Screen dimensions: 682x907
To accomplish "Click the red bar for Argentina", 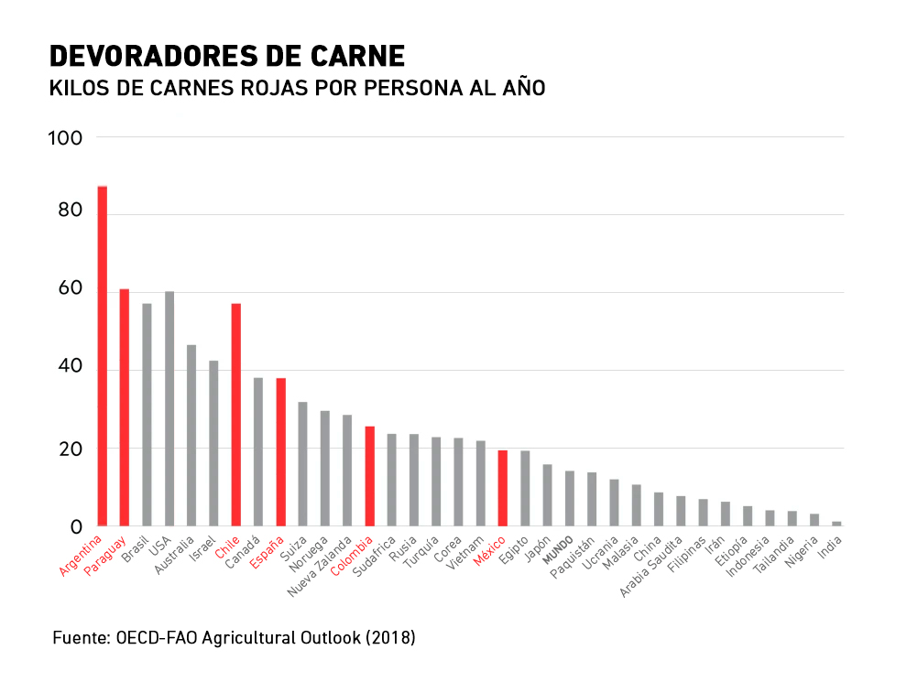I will [103, 357].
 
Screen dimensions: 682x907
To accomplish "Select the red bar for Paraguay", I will [125, 407].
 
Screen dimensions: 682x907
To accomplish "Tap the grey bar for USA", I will [169, 409].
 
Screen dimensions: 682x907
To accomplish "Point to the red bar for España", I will [281, 452].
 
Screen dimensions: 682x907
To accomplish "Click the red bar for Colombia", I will [370, 476].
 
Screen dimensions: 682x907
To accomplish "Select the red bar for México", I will [503, 488].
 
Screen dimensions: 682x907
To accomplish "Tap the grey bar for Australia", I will [191, 436].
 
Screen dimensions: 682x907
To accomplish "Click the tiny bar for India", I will [836, 524].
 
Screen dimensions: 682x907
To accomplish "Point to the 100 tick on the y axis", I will [70, 138].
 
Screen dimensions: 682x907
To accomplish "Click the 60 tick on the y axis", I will [71, 290].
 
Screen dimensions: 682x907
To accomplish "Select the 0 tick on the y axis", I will [77, 527].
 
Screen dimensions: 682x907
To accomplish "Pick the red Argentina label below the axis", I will [81, 558].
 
